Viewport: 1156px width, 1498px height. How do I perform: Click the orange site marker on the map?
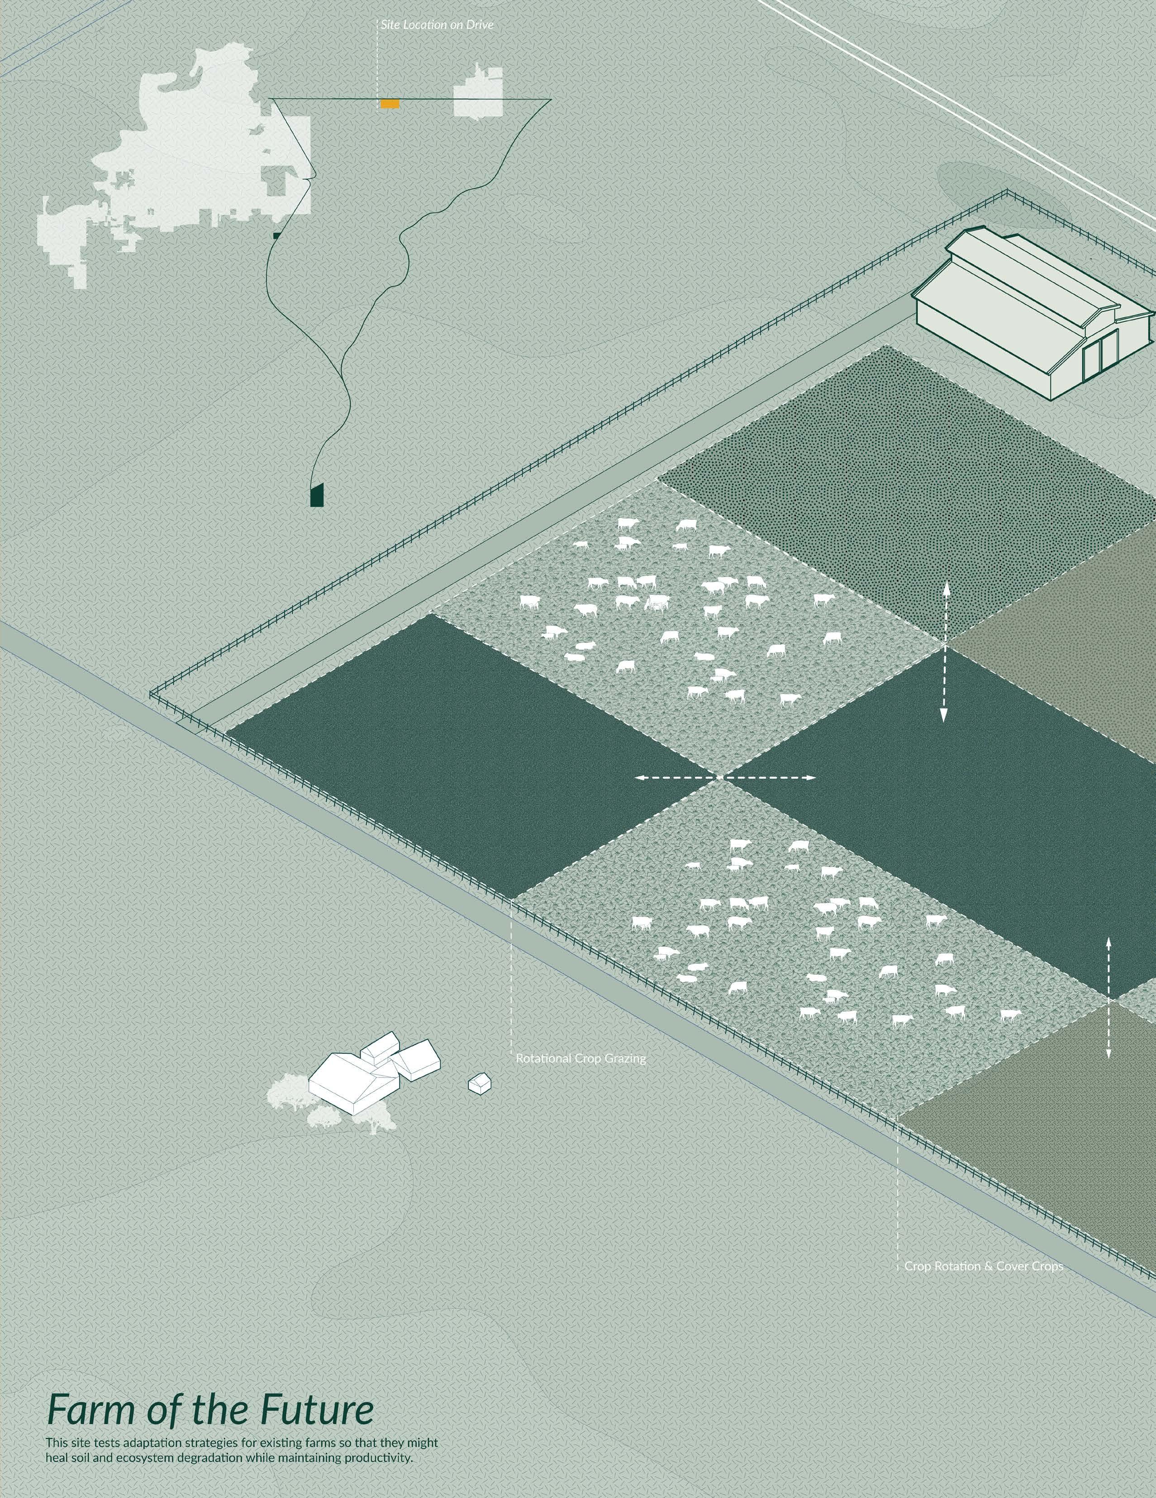390,104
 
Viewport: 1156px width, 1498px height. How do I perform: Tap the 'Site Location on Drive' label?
437,25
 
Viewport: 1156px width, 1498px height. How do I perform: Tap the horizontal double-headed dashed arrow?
725,778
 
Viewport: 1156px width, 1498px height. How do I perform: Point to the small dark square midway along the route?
276,235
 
